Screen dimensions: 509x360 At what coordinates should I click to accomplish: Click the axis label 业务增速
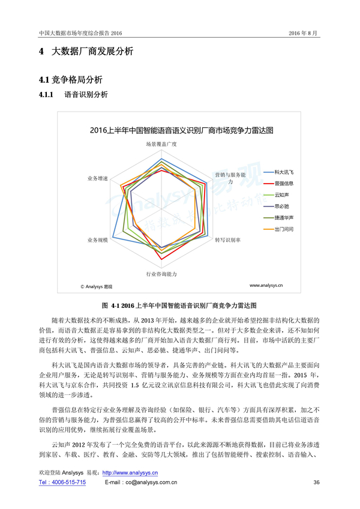coord(97,179)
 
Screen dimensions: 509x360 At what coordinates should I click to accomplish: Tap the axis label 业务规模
coord(97,240)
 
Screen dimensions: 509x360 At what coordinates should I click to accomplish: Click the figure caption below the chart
coord(179,306)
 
